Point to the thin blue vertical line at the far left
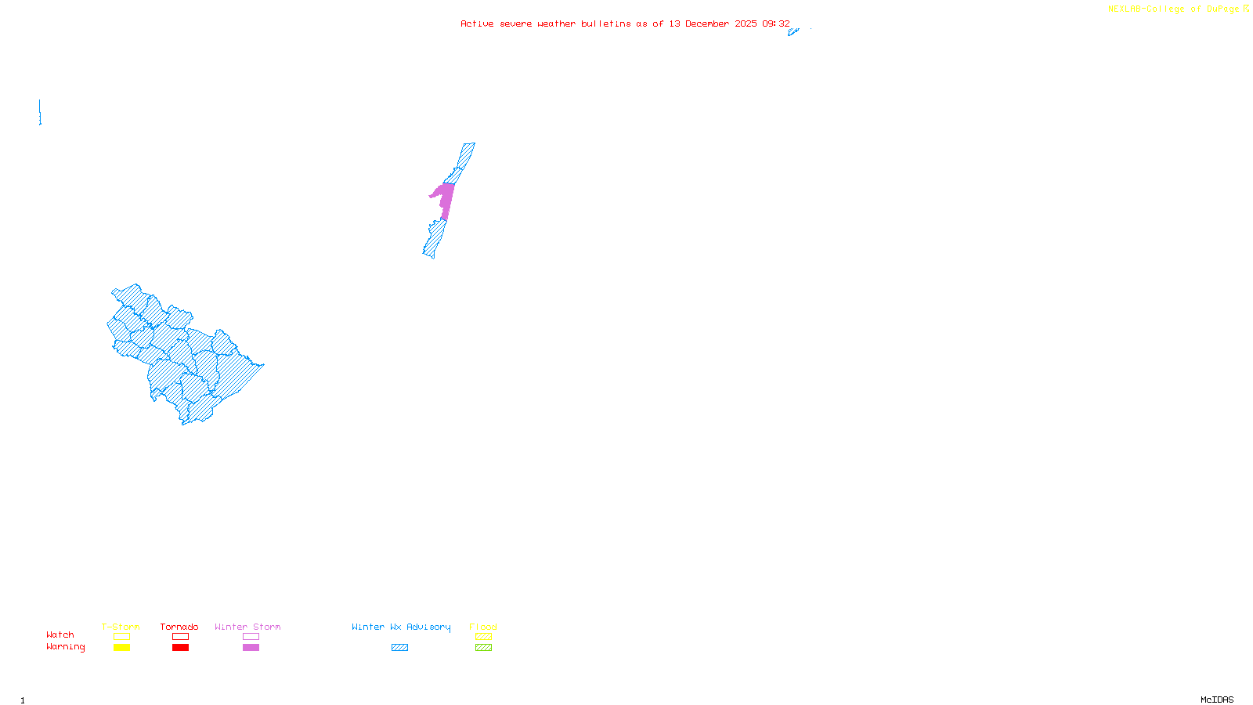tap(40, 111)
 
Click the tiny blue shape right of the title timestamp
tap(793, 32)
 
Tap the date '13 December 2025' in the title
tap(713, 24)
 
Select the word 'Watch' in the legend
tap(60, 635)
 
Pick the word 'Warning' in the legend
tap(65, 647)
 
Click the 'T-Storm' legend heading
tap(121, 627)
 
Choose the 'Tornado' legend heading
tap(179, 627)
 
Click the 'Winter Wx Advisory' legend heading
tap(401, 627)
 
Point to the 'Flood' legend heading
tap(483, 627)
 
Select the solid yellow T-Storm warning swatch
tap(121, 648)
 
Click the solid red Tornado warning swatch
tap(180, 648)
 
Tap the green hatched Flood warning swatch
tap(483, 648)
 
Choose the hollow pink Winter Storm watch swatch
tap(251, 637)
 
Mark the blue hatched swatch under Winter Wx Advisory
tap(399, 648)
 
